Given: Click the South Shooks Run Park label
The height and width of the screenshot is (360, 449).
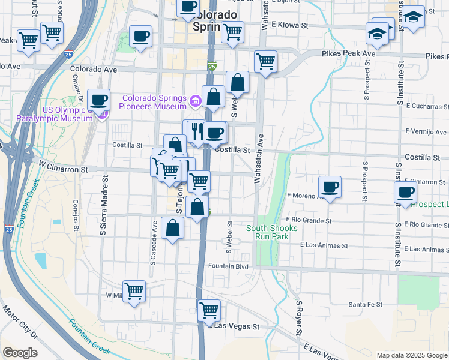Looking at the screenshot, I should pos(271,232).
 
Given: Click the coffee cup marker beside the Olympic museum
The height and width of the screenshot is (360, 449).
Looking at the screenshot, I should pos(99,100).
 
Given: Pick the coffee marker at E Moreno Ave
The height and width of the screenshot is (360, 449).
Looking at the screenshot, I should pos(330,187).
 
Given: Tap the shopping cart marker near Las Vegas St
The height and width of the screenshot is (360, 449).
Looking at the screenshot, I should pos(208,310).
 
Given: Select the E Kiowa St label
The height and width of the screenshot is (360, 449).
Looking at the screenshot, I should pos(289,25).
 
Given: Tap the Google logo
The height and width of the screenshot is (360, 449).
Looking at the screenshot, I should pos(20,353).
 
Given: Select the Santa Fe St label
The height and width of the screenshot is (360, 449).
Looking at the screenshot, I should pos(366,305).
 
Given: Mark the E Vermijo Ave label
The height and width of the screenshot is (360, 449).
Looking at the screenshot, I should pos(426,131).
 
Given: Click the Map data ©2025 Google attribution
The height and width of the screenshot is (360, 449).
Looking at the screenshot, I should pos(412,355).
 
